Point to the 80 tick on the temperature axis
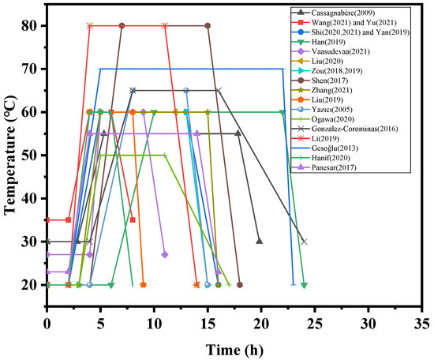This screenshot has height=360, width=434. [33, 25]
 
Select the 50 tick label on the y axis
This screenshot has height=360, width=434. [33, 155]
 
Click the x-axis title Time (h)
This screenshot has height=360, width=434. [234, 347]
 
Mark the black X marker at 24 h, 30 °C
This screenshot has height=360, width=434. [304, 242]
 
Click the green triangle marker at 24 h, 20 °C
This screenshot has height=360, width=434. [304, 285]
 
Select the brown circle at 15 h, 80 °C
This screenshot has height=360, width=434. [208, 25]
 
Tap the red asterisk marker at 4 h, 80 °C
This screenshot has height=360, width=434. [90, 25]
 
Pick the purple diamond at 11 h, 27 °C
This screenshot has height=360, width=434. [165, 254]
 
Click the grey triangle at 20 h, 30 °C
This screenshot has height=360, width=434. [260, 242]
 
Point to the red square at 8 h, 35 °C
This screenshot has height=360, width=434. [133, 219]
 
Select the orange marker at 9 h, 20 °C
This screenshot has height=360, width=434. [143, 285]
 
